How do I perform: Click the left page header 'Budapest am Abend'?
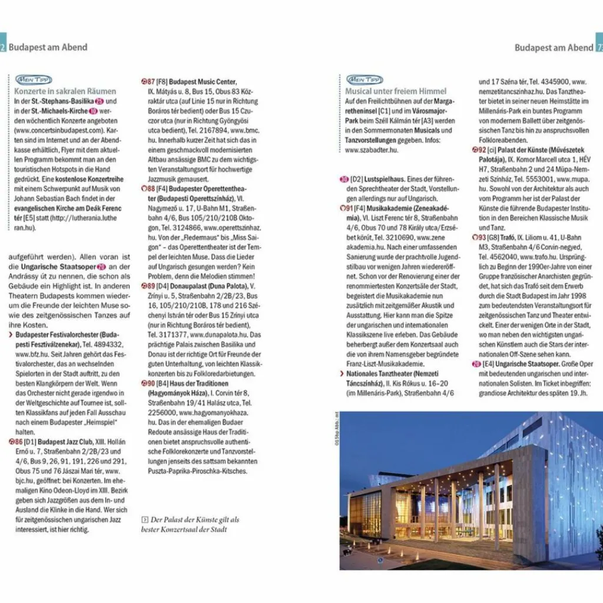click(x=48, y=48)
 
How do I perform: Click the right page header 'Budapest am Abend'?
click(x=554, y=48)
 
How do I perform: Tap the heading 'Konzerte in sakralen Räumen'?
click(x=65, y=91)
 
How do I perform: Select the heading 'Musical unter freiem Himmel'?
click(x=396, y=91)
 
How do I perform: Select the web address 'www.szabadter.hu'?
click(x=372, y=150)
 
